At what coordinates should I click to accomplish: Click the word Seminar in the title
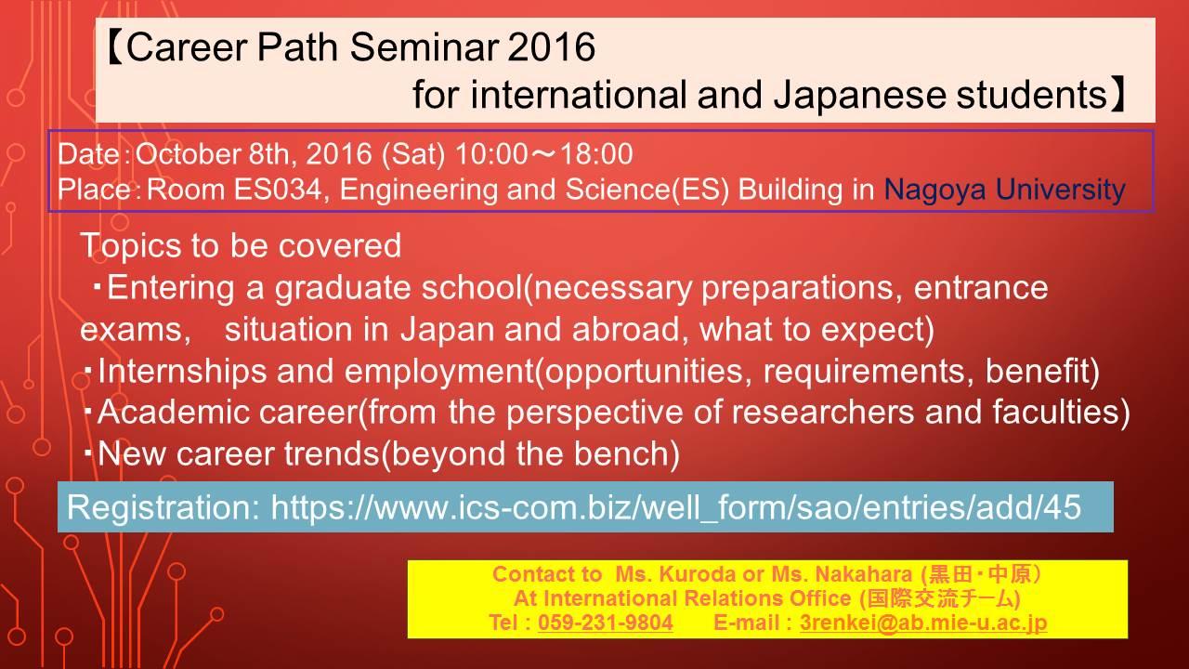pyautogui.click(x=425, y=46)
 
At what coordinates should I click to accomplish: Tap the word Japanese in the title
pyautogui.click(x=860, y=95)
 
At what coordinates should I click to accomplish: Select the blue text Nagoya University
pyautogui.click(x=1004, y=190)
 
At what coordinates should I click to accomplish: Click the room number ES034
pyautogui.click(x=278, y=189)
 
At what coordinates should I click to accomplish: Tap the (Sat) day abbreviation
pyautogui.click(x=413, y=154)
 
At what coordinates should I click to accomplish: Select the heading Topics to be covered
pyautogui.click(x=241, y=246)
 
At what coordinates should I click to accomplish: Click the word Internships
pyautogui.click(x=182, y=371)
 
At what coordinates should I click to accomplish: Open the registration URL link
pyautogui.click(x=676, y=507)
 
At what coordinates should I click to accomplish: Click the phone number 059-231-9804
pyautogui.click(x=606, y=623)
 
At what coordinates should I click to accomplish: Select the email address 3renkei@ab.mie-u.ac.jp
pyautogui.click(x=923, y=623)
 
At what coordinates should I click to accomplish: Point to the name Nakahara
pyautogui.click(x=864, y=574)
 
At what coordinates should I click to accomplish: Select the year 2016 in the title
pyautogui.click(x=552, y=46)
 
